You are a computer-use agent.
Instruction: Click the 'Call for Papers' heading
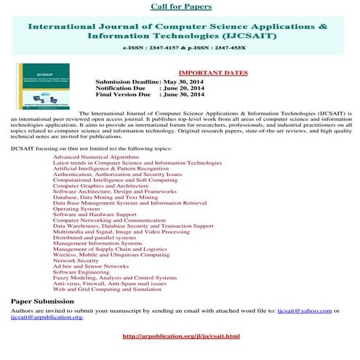(x=181, y=7)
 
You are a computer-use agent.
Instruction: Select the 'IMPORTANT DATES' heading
(x=213, y=73)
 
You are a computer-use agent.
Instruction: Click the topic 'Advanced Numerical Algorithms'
(x=95, y=157)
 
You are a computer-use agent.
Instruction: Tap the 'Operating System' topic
(x=76, y=209)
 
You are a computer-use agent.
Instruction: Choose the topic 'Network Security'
(x=76, y=260)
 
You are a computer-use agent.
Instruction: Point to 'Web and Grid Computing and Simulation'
(x=107, y=289)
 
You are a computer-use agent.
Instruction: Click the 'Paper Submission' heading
(x=42, y=301)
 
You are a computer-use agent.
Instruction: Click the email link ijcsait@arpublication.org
(x=47, y=317)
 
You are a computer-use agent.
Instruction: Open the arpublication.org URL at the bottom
(x=181, y=336)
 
